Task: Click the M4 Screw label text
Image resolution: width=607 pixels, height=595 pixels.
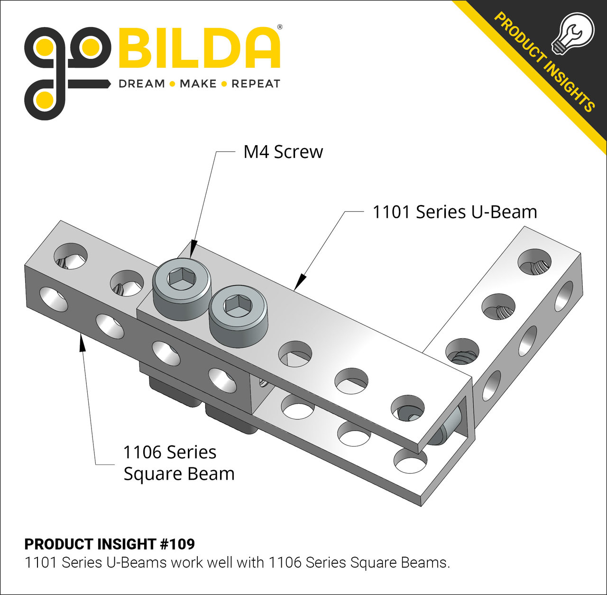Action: (x=283, y=152)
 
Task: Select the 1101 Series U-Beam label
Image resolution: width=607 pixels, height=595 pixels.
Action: (x=454, y=212)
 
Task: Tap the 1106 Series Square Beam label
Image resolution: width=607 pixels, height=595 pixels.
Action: (x=178, y=463)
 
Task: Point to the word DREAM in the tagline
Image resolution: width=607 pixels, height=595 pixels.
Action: (x=141, y=84)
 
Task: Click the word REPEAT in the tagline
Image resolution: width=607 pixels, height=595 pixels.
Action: (x=256, y=84)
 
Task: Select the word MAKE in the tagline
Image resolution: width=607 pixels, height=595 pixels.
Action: (x=198, y=84)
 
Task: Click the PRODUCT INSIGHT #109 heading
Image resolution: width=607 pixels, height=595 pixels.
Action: (x=110, y=544)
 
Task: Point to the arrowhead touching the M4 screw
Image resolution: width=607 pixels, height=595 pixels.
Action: (x=193, y=250)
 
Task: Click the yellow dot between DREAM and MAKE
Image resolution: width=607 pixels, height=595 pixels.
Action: (x=172, y=84)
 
